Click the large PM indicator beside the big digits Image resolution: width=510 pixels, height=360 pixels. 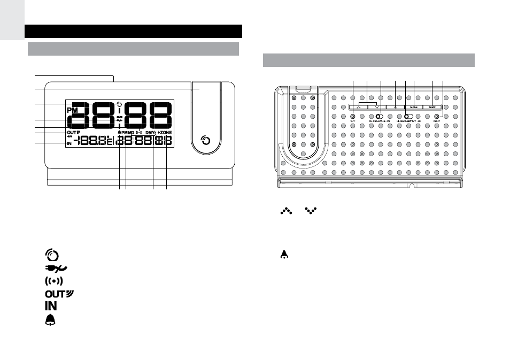tap(73, 110)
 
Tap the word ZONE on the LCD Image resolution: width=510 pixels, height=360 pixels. tap(166, 132)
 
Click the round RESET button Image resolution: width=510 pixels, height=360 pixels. tap(437, 117)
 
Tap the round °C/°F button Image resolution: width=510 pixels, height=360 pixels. tap(353, 117)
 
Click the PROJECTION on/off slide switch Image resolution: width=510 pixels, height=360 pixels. tap(380, 117)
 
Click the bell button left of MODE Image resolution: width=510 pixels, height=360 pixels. tap(394, 107)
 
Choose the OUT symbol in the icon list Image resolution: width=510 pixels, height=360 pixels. tap(55, 294)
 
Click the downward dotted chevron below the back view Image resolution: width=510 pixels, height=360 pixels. tap(310, 212)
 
